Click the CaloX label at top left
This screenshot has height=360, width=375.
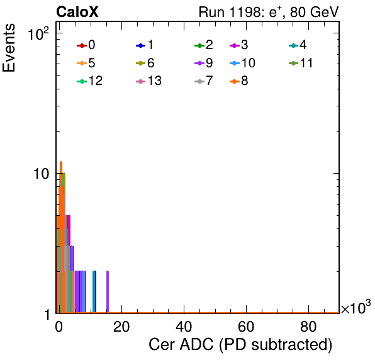[77, 12]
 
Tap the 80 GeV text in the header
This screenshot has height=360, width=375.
[315, 12]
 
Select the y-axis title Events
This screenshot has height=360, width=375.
[9, 48]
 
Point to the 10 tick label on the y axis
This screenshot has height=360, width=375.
[41, 174]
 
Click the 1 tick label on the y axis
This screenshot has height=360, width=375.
[47, 314]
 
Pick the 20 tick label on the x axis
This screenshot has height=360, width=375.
[121, 327]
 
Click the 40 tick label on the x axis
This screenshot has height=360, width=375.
[184, 327]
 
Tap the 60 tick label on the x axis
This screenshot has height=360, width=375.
[246, 327]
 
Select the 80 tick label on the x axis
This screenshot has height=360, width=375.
[308, 327]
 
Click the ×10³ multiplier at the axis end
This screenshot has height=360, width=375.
[356, 307]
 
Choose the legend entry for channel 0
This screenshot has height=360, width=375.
[86, 45]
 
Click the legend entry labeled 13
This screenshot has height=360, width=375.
[148, 81]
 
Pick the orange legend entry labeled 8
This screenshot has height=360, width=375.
[238, 81]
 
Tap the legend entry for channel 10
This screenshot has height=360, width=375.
[242, 63]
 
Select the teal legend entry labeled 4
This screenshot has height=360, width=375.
[298, 45]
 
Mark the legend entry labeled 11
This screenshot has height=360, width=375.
[301, 63]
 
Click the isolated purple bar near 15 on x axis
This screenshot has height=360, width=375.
[108, 292]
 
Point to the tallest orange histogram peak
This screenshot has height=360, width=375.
[61, 162]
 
